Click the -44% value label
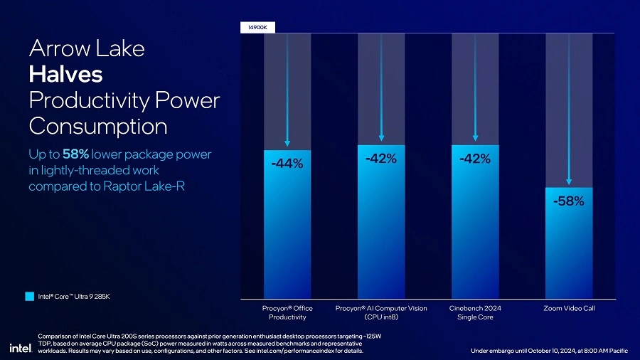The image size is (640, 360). click(x=287, y=164)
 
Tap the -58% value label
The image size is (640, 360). click(x=569, y=201)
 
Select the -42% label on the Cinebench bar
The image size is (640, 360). click(x=475, y=159)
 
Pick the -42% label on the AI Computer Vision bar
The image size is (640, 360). click(x=381, y=159)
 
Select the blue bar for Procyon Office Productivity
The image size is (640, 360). click(x=287, y=235)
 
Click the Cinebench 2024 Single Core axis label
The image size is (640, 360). click(x=475, y=312)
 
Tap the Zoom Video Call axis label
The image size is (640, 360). click(x=569, y=308)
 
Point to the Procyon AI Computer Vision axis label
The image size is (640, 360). click(x=381, y=312)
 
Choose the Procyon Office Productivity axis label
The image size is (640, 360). click(x=287, y=312)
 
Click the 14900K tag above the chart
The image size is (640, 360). click(x=258, y=27)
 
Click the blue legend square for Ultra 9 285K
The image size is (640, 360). click(x=29, y=296)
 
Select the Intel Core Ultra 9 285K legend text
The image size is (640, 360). click(x=74, y=296)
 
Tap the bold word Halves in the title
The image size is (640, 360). click(x=65, y=74)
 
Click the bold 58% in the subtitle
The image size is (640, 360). click(x=75, y=154)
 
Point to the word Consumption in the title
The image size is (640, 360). click(x=98, y=126)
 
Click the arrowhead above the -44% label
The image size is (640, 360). click(x=287, y=146)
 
